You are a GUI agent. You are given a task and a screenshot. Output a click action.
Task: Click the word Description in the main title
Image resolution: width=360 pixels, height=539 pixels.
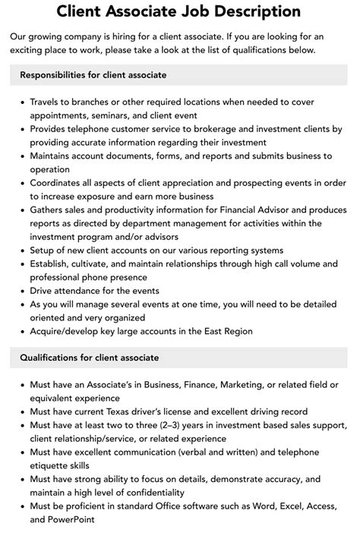tap(255, 11)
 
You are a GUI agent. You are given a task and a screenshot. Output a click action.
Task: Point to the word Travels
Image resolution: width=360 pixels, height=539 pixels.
tap(47, 101)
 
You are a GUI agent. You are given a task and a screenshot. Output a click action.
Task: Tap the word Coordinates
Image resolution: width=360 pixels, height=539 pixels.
tap(59, 184)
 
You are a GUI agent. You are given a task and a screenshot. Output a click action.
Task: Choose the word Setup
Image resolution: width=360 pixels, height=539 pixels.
tap(45, 251)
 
